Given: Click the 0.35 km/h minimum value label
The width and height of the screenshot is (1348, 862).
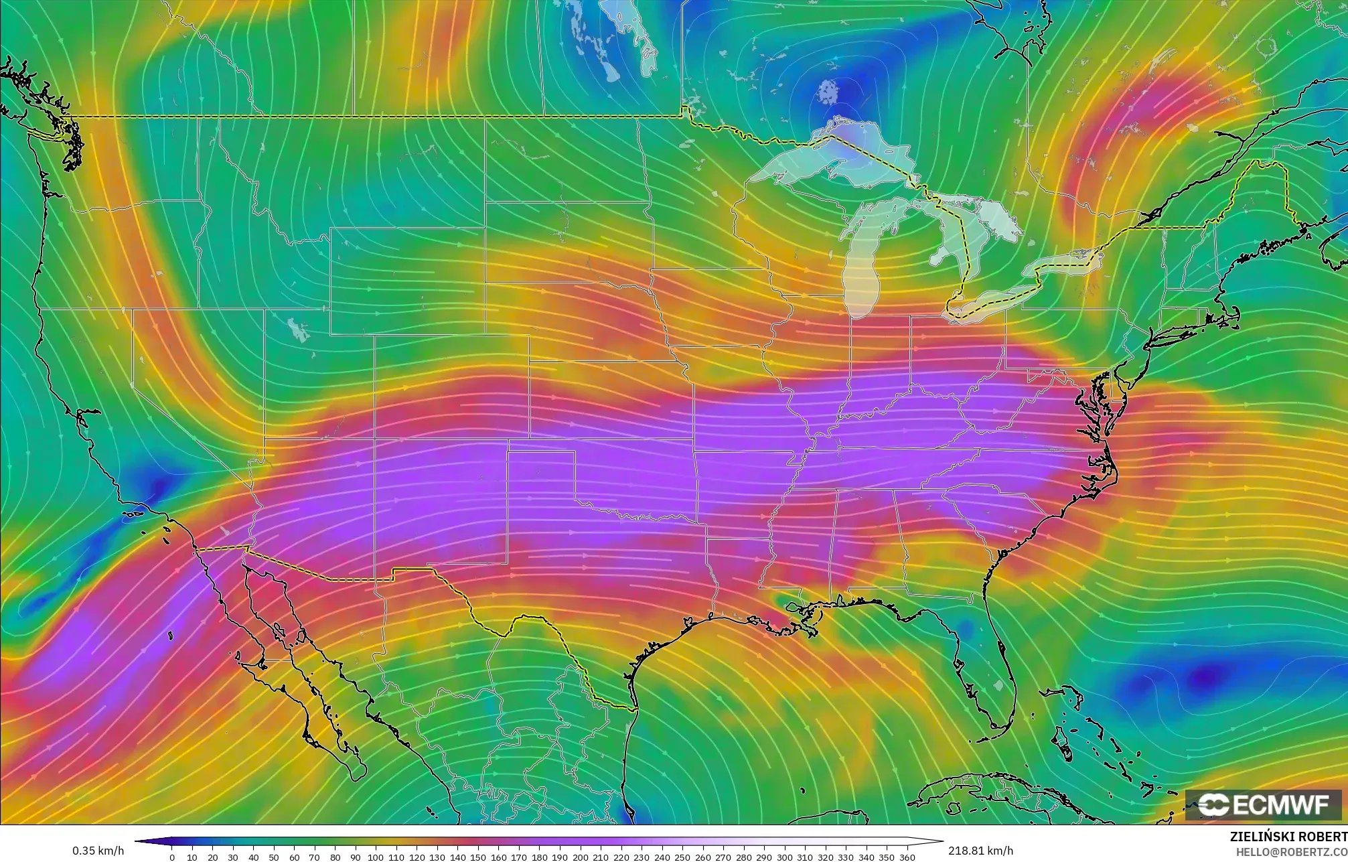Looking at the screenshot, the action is click(98, 851).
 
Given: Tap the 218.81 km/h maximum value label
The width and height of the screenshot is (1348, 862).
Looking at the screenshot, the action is click(980, 851).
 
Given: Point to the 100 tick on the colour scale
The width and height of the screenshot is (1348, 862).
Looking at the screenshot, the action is click(376, 857).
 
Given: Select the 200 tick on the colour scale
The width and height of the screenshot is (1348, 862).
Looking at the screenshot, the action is click(580, 857).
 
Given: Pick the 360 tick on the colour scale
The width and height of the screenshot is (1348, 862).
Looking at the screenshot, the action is click(907, 857).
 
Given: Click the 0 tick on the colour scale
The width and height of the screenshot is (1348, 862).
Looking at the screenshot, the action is click(172, 857).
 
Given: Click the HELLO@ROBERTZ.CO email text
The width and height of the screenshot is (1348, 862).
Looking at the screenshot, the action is click(1291, 852).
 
